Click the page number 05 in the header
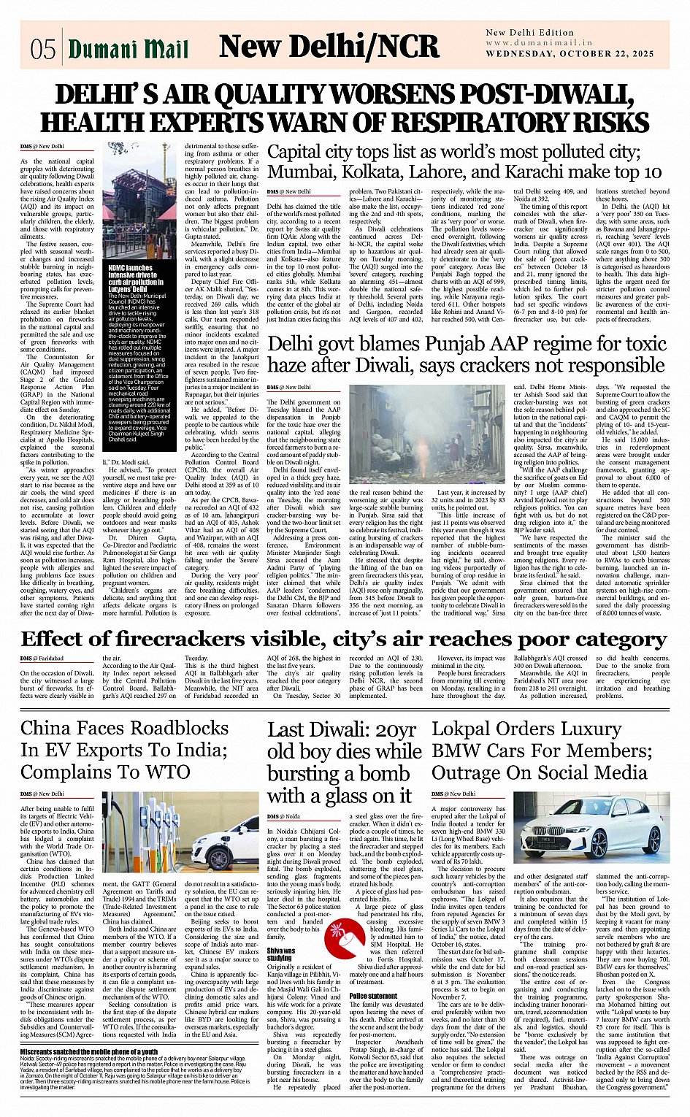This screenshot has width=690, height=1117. [x=43, y=49]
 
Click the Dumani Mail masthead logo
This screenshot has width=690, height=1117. [x=128, y=49]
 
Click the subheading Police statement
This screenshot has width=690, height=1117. [x=373, y=995]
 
